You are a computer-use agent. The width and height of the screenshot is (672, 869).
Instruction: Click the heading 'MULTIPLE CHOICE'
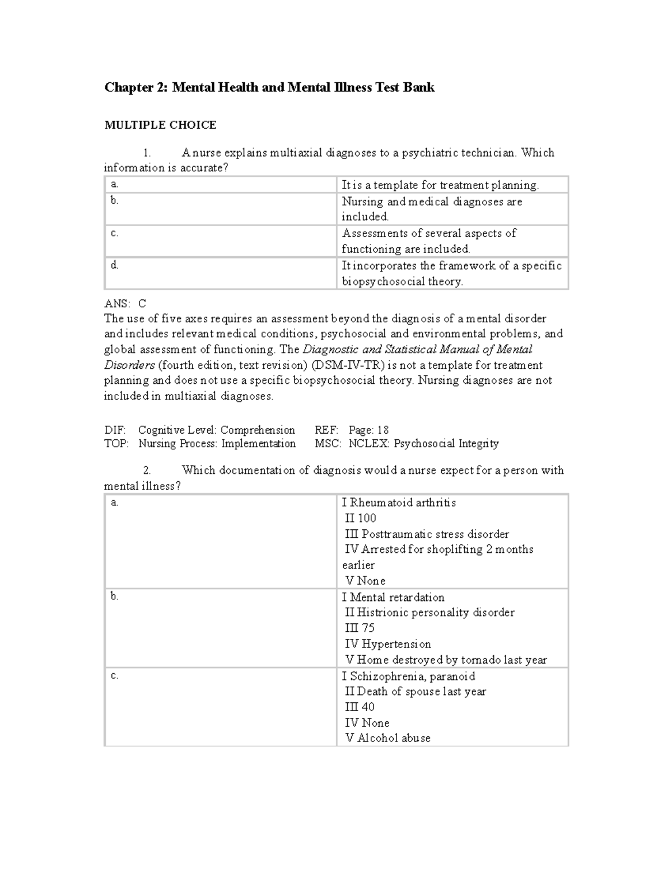[x=160, y=125]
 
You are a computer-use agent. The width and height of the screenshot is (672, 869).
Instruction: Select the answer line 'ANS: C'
[x=125, y=304]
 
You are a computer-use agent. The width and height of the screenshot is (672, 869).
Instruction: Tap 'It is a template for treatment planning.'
[x=440, y=185]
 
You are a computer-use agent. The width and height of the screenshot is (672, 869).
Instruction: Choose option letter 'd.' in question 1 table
[x=114, y=265]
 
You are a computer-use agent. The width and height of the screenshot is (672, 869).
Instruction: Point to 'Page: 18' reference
[x=368, y=430]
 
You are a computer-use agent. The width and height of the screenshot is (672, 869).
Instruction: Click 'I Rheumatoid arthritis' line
[x=399, y=502]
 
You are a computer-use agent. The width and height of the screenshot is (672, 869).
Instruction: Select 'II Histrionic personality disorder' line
[x=430, y=613]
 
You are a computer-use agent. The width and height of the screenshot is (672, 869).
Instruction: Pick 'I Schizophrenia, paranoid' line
[x=408, y=676]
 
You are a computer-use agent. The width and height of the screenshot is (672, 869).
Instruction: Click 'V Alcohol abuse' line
[x=388, y=738]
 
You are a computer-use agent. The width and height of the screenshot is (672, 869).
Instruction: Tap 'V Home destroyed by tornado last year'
[x=446, y=660]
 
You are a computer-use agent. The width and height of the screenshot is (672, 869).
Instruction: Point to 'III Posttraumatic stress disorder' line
[x=427, y=534]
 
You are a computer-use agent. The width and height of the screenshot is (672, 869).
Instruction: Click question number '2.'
[x=147, y=470]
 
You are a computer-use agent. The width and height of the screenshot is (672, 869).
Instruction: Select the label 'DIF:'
[x=115, y=430]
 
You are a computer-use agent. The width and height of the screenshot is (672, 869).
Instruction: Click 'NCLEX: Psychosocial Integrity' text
[x=423, y=444]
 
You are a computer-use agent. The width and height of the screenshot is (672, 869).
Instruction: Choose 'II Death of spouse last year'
[x=416, y=692]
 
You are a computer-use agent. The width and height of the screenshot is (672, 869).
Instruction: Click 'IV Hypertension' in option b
[x=388, y=644]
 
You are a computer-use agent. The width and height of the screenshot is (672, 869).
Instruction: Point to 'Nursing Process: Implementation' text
[x=217, y=444]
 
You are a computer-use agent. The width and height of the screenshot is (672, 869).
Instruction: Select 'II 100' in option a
[x=361, y=518]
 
